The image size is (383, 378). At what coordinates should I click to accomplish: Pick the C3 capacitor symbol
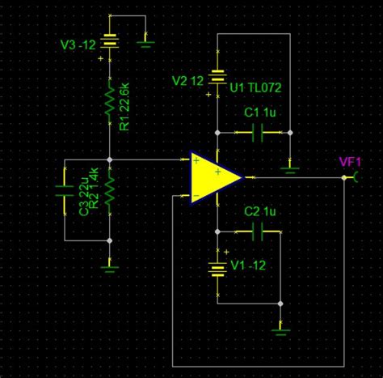point(65,194)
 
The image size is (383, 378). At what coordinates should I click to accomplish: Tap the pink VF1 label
point(350,162)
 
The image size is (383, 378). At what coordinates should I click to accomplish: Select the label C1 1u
point(261,114)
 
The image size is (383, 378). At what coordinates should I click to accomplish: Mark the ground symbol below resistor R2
point(111,263)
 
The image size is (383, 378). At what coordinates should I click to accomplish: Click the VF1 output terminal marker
point(357,176)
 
